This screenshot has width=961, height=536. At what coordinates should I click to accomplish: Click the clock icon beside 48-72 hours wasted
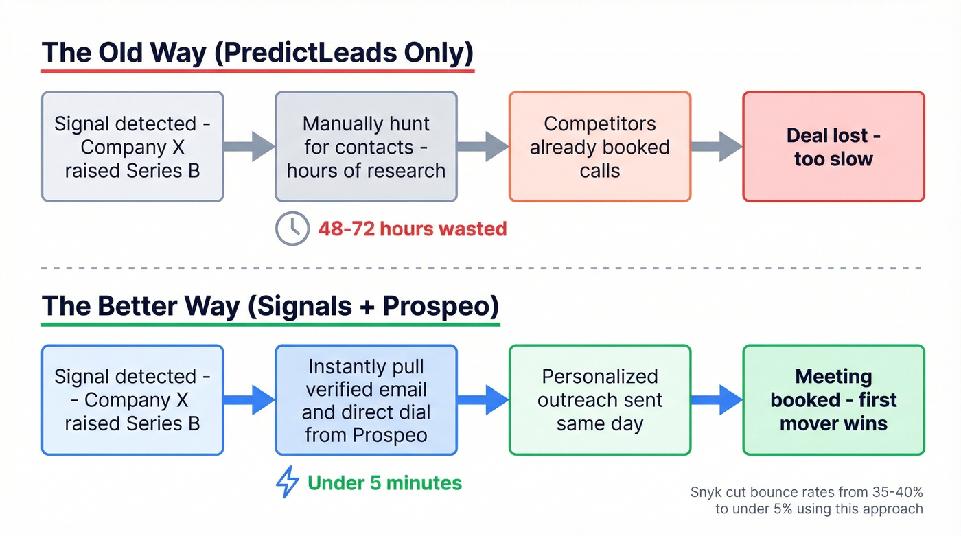292,229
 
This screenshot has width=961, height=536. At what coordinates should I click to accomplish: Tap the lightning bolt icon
287,482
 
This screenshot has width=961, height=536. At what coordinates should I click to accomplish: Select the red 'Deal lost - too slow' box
833,147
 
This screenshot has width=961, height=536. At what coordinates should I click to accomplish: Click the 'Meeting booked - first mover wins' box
833,400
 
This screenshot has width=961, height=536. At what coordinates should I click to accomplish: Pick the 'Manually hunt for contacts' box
366,147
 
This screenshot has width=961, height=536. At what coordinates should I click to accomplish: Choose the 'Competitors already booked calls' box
599,147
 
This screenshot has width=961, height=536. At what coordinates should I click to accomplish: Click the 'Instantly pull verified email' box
366,400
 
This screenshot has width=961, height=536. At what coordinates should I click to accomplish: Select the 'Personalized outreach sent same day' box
599,400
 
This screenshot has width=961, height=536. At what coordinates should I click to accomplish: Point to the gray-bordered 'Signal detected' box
132,147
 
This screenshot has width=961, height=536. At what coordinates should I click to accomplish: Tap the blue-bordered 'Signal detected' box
132,400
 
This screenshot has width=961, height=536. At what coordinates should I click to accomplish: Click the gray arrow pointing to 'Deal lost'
717,146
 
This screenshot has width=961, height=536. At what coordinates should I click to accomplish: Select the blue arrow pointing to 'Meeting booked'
717,399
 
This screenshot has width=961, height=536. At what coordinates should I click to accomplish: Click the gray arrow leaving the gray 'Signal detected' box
249,146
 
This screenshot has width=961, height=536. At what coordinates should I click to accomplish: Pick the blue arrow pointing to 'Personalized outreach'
483,399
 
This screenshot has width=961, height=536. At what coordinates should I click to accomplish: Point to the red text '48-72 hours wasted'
412,229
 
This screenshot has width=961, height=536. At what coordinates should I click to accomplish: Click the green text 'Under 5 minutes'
384,482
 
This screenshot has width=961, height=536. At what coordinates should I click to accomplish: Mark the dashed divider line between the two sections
480,268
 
